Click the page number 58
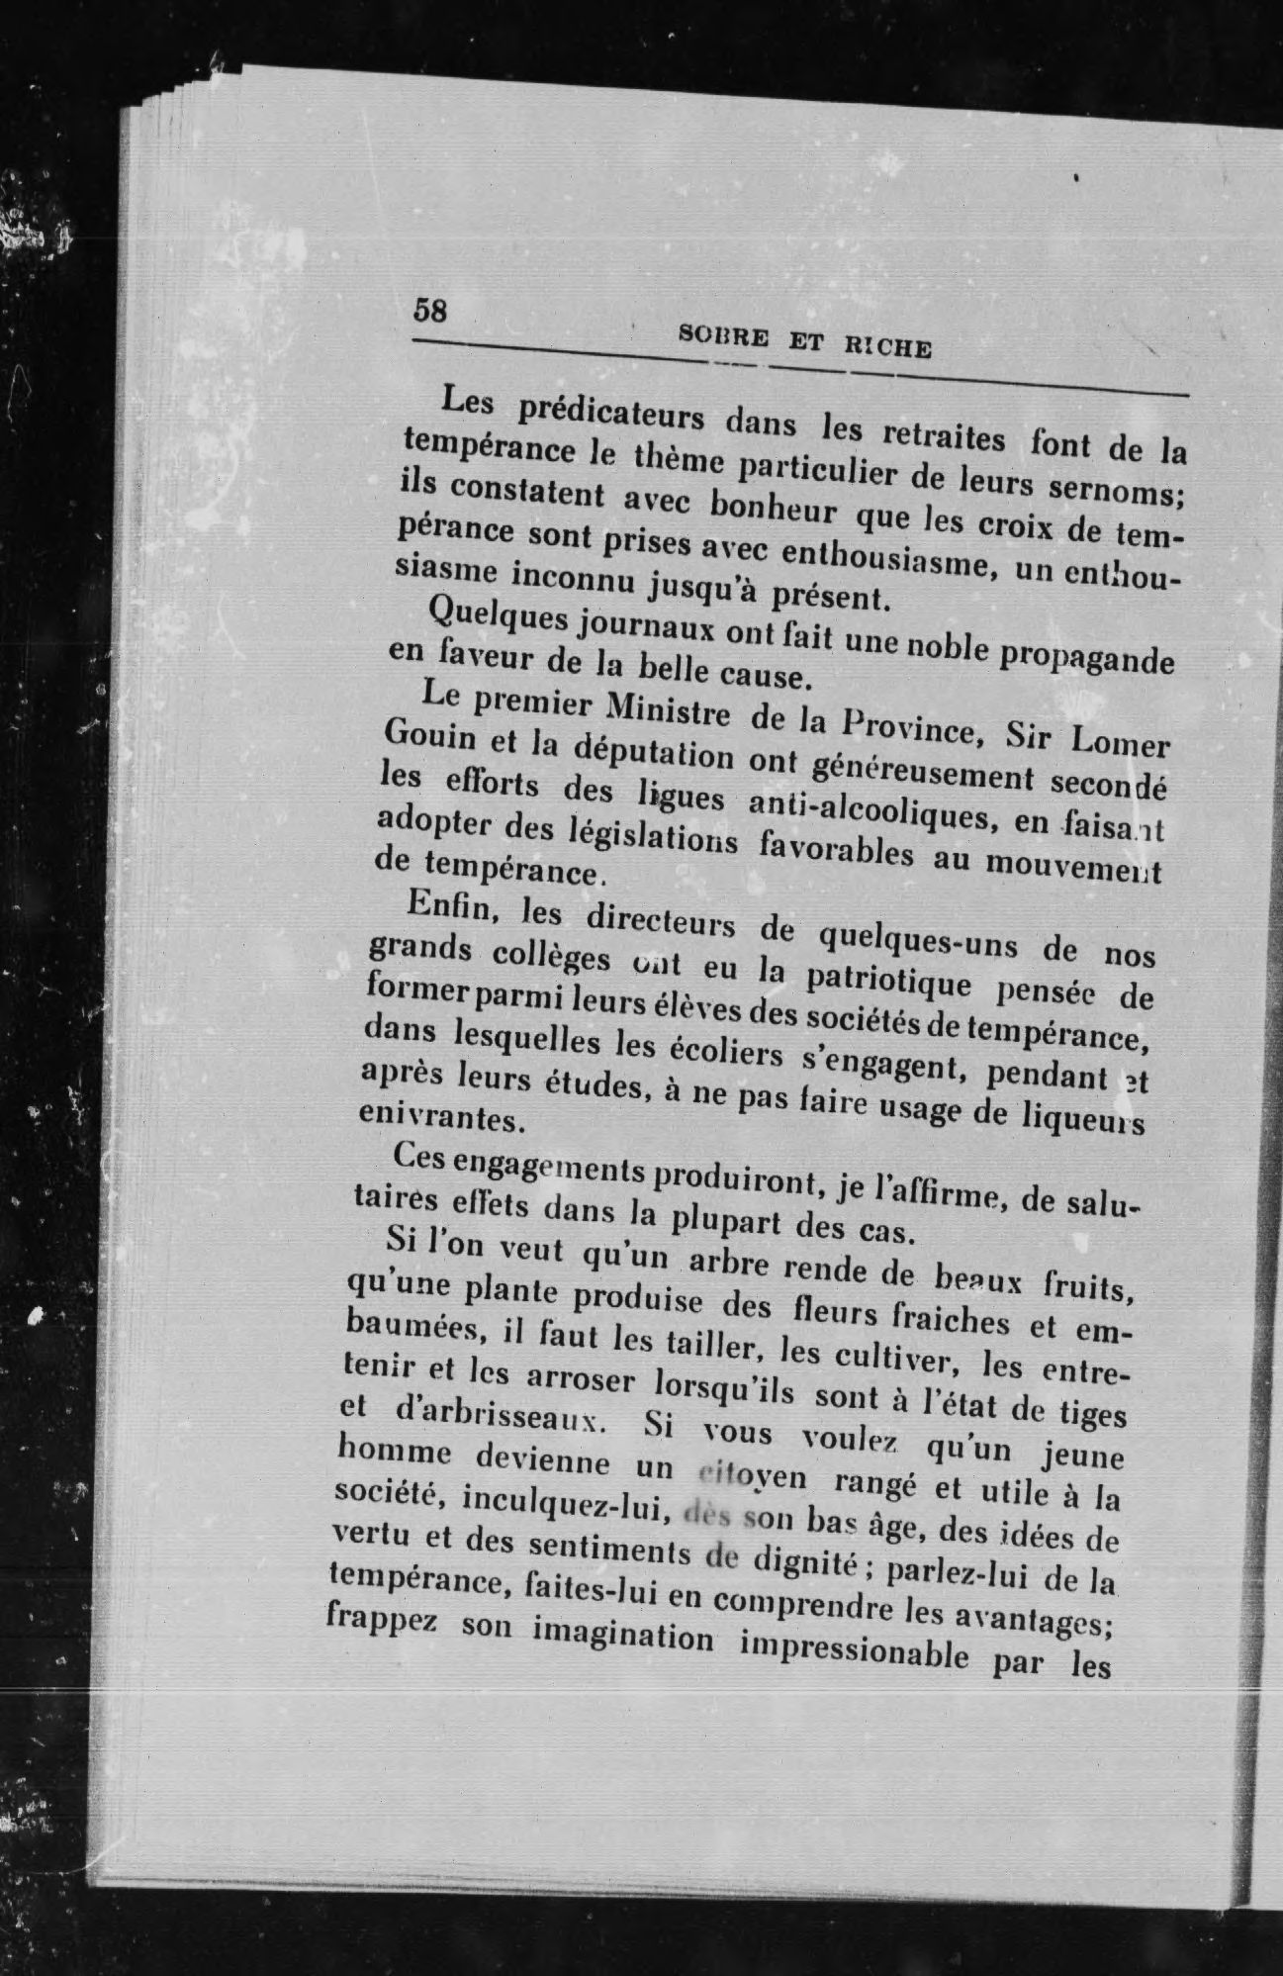click(430, 310)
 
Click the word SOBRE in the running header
click(724, 337)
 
